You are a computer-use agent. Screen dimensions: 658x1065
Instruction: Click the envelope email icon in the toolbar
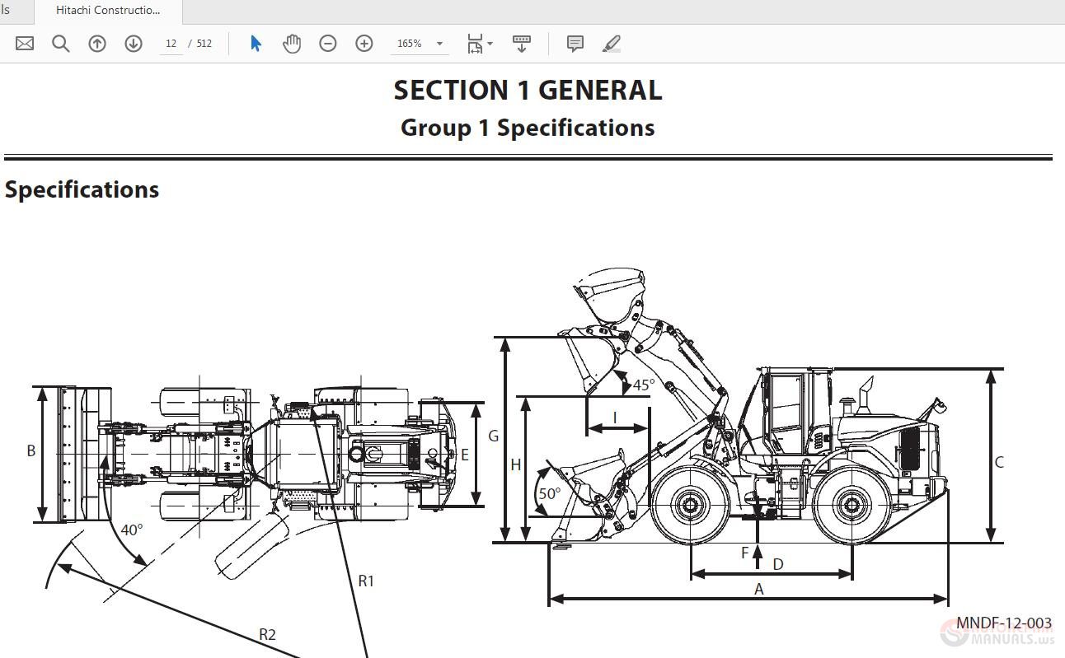(25, 44)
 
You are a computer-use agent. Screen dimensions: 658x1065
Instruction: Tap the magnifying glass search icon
(61, 44)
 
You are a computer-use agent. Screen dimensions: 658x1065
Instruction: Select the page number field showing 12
(171, 44)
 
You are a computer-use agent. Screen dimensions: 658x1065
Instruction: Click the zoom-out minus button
(328, 44)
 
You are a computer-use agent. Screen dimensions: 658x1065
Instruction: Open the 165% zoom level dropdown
(420, 44)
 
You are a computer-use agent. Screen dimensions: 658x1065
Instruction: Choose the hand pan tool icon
(292, 44)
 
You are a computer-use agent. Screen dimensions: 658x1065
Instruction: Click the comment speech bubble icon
(575, 44)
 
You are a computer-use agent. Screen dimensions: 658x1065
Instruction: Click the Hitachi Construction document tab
(108, 11)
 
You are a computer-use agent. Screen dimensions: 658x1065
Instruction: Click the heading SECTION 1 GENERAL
(528, 91)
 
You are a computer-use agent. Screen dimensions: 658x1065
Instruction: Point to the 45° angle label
(644, 385)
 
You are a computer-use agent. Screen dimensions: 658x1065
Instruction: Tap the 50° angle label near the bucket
(549, 494)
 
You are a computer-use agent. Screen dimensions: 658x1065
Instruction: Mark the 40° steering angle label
(132, 530)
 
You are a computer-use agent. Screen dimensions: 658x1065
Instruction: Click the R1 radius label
(366, 581)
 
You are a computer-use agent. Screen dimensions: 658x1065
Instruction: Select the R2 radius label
(267, 634)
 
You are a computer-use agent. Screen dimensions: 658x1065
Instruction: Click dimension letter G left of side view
(494, 436)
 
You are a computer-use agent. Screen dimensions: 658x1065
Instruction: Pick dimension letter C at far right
(999, 462)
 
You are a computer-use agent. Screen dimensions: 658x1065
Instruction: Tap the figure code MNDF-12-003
(1003, 623)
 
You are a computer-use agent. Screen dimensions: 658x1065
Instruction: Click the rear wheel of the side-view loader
(851, 505)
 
